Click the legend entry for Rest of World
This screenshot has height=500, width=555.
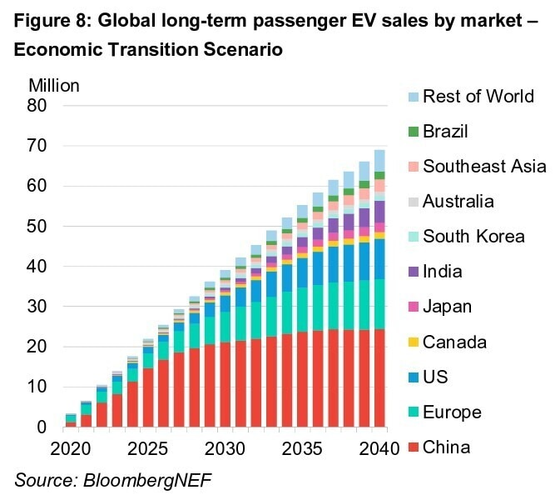click(x=478, y=96)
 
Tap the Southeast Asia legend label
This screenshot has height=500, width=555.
click(x=484, y=167)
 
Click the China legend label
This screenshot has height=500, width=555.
click(x=447, y=447)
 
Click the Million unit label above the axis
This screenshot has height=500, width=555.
click(x=54, y=85)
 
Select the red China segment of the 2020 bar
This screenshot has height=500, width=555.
click(x=71, y=425)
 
